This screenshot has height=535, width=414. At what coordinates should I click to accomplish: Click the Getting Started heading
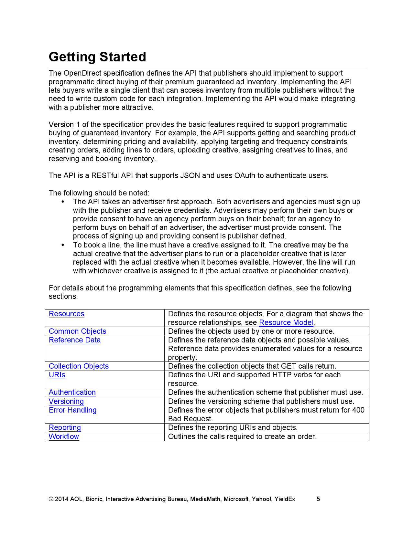97,57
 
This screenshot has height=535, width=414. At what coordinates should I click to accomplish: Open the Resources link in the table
66,314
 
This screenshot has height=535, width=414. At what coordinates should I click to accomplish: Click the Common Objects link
77,331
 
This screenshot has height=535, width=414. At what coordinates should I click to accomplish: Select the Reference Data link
75,340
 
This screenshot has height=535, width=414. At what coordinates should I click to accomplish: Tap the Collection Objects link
79,366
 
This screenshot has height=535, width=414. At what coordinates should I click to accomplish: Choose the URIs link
57,375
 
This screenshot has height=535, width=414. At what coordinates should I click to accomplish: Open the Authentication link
72,392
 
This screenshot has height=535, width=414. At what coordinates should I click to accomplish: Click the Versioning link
66,401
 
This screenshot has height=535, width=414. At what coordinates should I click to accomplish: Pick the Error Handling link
72,410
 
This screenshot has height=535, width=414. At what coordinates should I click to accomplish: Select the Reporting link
65,427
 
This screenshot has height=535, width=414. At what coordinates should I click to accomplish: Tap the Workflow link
64,436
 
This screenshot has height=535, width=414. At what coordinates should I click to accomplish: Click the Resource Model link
286,322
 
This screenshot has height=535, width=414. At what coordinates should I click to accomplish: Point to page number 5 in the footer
318,499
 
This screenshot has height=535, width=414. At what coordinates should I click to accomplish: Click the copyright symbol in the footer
51,499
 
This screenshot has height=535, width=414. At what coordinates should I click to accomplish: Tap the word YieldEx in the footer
285,499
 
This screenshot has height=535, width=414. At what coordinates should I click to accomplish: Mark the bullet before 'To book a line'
63,245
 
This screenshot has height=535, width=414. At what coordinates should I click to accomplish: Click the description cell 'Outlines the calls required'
242,436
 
